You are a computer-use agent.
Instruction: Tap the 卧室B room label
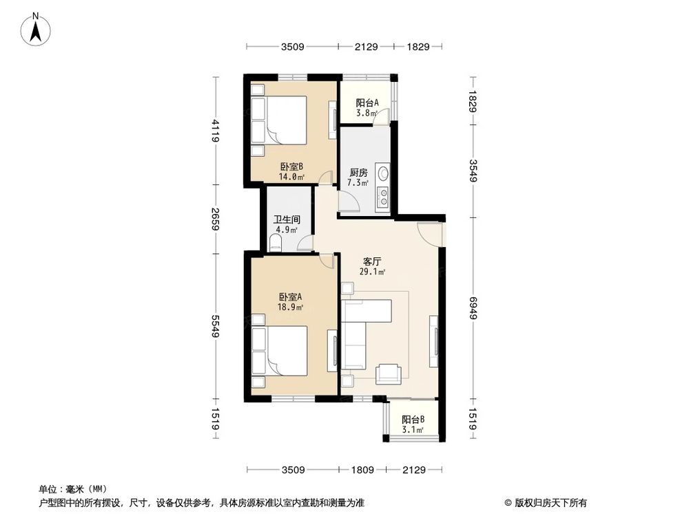coord(291,166)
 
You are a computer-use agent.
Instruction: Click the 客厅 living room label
coord(373,261)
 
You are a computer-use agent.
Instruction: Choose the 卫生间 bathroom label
coord(286,220)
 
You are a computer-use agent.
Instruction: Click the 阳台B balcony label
coord(413,420)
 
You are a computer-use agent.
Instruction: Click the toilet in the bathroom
coord(275,241)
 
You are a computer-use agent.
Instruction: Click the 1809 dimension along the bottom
coord(362,471)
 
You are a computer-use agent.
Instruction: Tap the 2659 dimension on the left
coord(216,219)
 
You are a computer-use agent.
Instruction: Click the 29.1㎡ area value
coord(373,272)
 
